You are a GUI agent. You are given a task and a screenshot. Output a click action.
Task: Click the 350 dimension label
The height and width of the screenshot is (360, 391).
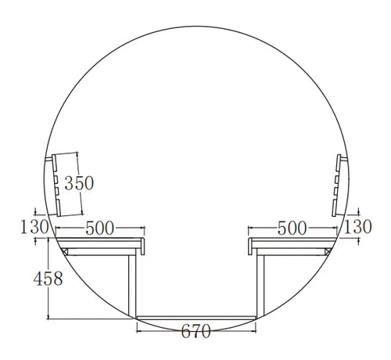point(79,183)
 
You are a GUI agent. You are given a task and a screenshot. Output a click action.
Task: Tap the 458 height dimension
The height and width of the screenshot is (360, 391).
point(48,279)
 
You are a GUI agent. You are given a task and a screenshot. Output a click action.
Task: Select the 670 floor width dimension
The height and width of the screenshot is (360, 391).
point(195,331)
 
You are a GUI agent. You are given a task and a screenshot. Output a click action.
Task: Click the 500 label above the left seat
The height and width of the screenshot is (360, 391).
point(100,228)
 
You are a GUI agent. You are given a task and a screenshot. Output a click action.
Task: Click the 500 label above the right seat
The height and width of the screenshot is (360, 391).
point(292,228)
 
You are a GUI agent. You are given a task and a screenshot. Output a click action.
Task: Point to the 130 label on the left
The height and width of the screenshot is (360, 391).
point(34,227)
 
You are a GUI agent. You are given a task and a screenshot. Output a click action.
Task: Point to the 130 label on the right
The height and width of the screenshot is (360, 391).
point(357,226)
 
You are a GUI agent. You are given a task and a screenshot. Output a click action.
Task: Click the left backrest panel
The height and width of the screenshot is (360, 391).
point(56,185)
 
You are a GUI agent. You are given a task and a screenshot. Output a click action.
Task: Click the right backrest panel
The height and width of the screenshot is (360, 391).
point(336,185)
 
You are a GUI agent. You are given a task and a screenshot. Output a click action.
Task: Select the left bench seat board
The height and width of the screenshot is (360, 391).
point(99,243)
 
